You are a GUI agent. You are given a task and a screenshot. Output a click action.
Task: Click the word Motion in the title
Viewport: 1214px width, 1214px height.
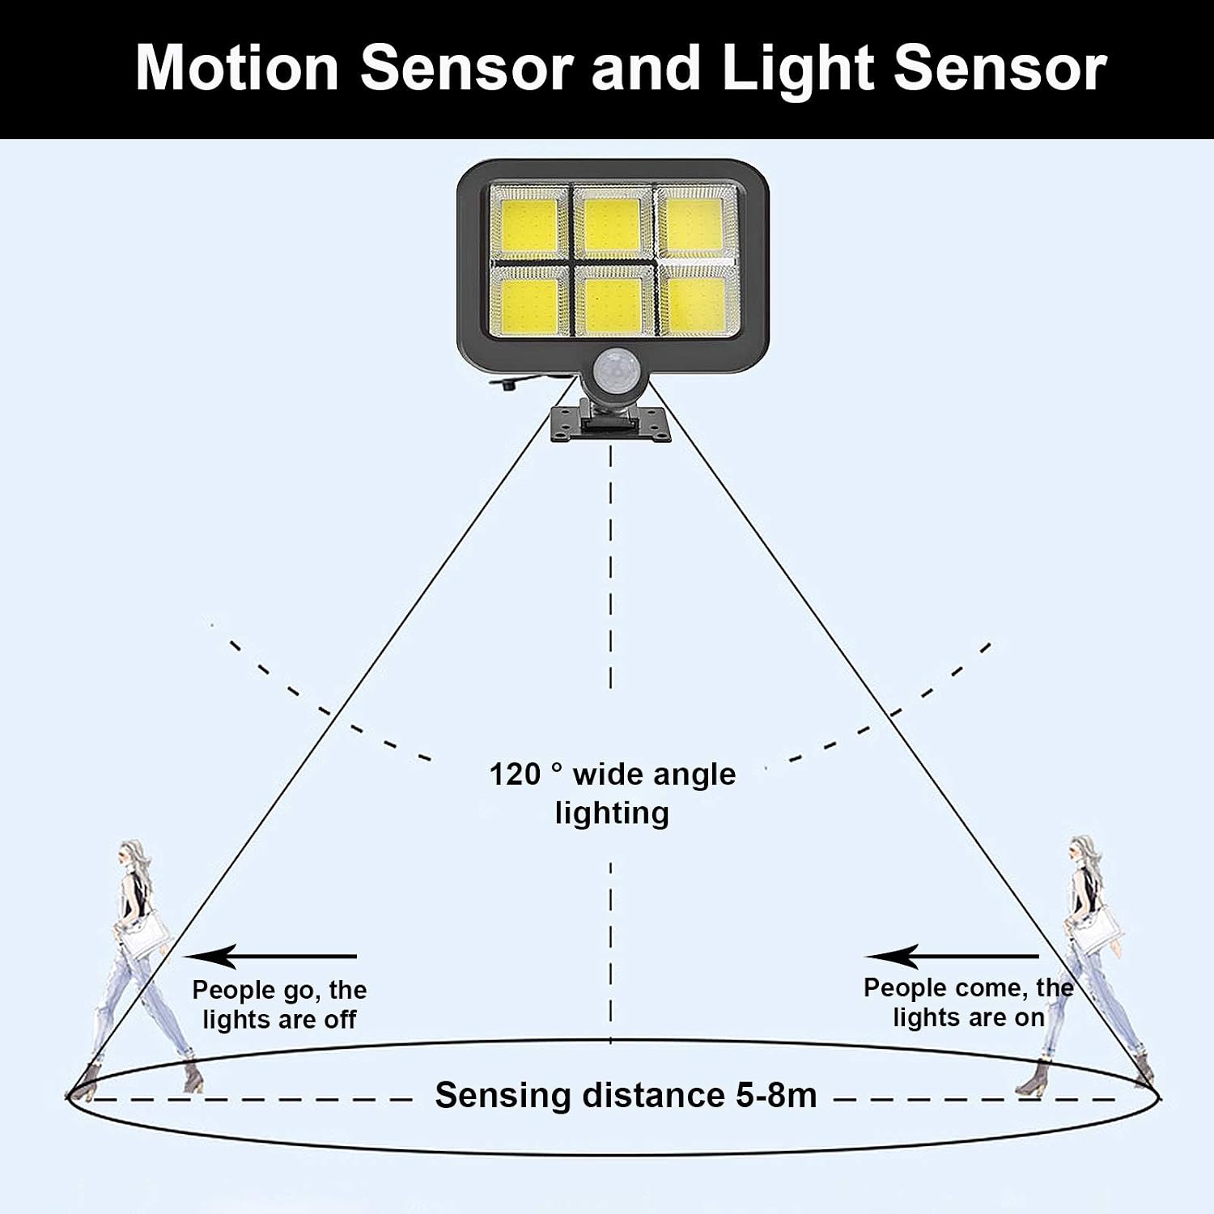click(237, 68)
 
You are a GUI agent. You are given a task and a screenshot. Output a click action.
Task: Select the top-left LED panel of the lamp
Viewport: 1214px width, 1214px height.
click(529, 223)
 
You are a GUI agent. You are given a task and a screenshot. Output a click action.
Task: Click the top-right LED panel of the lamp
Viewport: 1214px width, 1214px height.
click(694, 223)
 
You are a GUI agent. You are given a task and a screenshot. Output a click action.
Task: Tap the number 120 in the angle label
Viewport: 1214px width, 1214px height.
click(515, 775)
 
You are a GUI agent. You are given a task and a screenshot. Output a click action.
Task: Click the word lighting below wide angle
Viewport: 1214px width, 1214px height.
click(612, 813)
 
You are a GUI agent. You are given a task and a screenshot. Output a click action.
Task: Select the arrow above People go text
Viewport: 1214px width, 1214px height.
click(271, 957)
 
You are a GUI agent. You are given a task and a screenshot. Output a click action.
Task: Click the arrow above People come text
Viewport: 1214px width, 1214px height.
click(953, 957)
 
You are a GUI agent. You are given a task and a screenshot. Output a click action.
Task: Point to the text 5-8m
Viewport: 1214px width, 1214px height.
click(776, 1095)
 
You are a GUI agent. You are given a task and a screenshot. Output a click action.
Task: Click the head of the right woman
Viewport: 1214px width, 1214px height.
click(1081, 852)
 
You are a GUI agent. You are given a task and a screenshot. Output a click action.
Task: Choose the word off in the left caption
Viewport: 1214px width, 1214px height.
click(340, 1020)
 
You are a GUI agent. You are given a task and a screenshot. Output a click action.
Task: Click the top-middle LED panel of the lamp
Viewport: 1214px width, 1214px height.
click(612, 223)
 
